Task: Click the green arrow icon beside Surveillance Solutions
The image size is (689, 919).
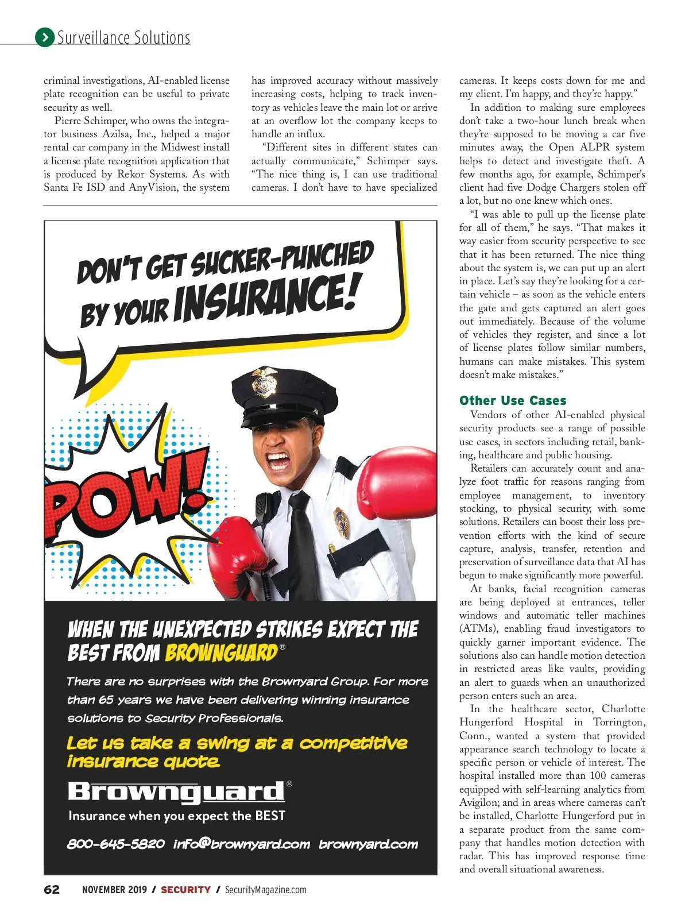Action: tap(45, 37)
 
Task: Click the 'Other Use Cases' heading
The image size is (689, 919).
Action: tap(512, 400)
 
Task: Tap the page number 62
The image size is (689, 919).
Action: tap(52, 889)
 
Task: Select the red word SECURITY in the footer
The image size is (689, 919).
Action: tap(185, 890)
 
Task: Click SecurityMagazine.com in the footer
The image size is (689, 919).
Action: tap(265, 890)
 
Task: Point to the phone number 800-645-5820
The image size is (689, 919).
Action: tap(116, 844)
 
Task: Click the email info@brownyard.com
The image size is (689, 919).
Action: tap(241, 844)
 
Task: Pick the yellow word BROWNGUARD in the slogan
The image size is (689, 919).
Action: tap(221, 652)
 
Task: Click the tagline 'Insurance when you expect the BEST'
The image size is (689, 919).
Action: tap(176, 816)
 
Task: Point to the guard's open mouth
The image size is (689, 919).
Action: tap(279, 460)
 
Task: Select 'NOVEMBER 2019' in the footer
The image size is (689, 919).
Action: tap(114, 890)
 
